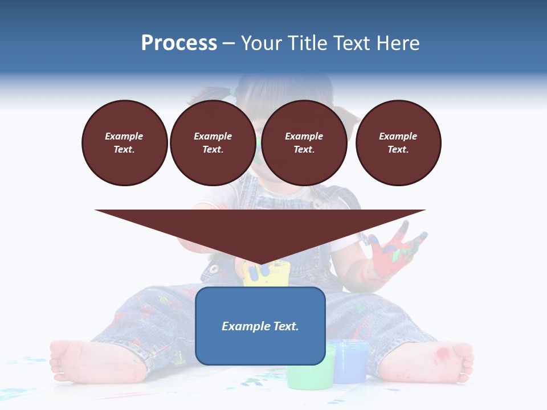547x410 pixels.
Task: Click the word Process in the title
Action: coord(179,43)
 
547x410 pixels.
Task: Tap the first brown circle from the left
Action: coord(124,143)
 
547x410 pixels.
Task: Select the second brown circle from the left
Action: coord(213,143)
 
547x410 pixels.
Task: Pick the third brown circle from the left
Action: coord(304,143)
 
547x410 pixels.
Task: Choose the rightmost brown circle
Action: coord(398,143)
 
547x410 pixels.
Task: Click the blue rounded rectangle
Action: coord(260,347)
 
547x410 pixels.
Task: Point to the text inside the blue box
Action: coord(260,326)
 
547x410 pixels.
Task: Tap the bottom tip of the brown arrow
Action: coord(260,264)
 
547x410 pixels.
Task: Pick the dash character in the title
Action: coord(228,44)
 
